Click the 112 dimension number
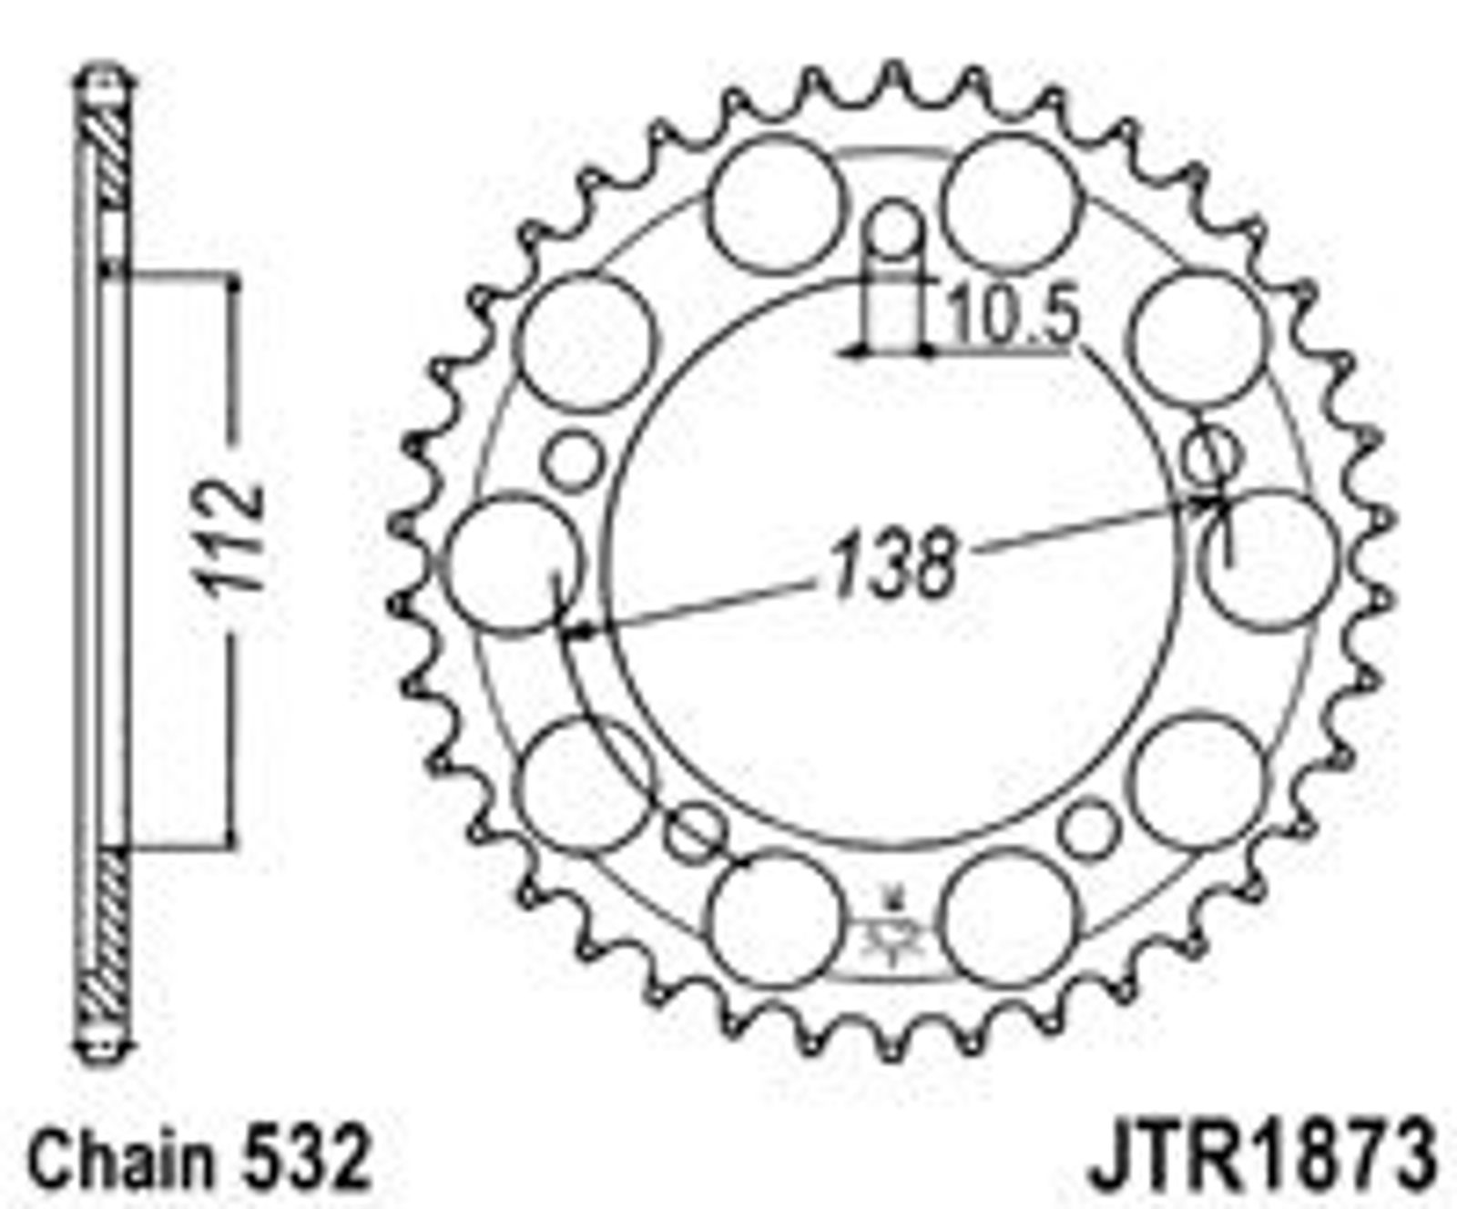233,540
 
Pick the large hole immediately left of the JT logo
774,919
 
